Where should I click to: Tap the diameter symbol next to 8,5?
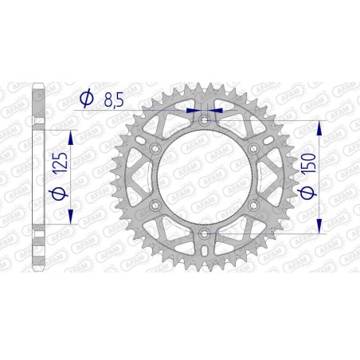(x=85, y=99)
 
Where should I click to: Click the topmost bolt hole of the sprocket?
(x=205, y=119)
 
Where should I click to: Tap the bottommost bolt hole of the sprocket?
(x=205, y=233)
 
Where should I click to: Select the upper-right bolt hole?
(x=254, y=148)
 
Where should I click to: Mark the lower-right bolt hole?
(x=254, y=205)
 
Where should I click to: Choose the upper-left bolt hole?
(x=155, y=148)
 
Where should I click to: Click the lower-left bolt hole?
(x=155, y=205)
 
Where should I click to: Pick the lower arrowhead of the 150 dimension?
(x=319, y=229)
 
